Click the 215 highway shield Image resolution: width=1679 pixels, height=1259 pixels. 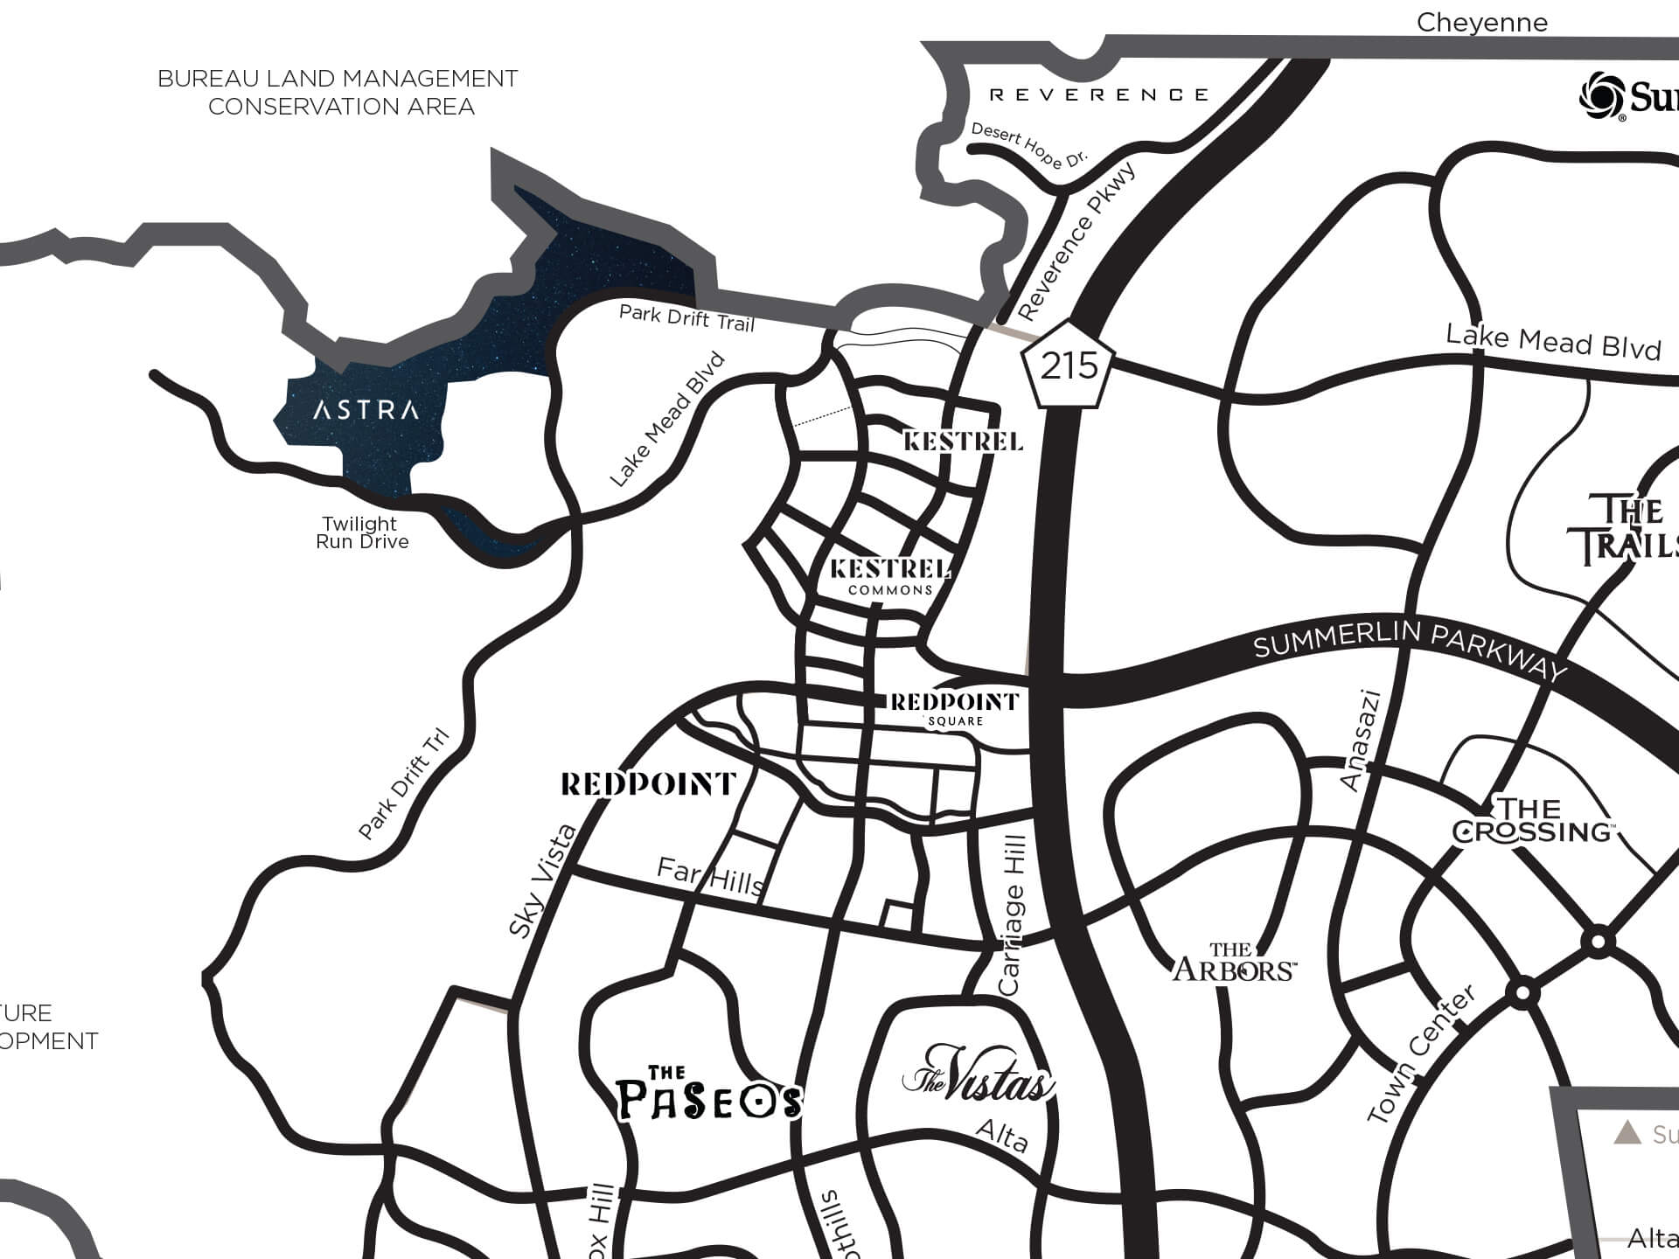(x=1069, y=365)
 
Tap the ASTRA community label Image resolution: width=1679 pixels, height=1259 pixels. (x=366, y=409)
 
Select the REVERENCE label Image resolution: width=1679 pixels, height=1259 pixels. (x=1098, y=94)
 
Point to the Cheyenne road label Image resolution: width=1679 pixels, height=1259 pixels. (x=1481, y=23)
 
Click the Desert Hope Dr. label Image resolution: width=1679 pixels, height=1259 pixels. (x=1028, y=145)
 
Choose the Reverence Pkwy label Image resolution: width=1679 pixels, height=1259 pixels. (x=1077, y=242)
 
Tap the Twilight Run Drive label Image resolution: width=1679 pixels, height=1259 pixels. (x=361, y=532)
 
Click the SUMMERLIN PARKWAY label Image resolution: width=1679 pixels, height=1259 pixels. (x=1410, y=649)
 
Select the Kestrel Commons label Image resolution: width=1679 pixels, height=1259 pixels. (x=890, y=577)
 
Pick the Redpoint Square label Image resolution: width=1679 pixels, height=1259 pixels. (x=955, y=709)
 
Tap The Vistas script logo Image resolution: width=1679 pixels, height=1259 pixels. (x=978, y=1074)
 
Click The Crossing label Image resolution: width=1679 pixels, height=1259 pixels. (x=1532, y=820)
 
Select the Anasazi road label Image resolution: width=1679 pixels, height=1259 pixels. (x=1361, y=741)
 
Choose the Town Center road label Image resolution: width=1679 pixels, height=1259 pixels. (x=1421, y=1054)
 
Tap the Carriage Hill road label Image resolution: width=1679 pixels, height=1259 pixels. (x=1012, y=915)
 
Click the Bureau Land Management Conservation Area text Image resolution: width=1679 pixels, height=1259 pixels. (x=338, y=93)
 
